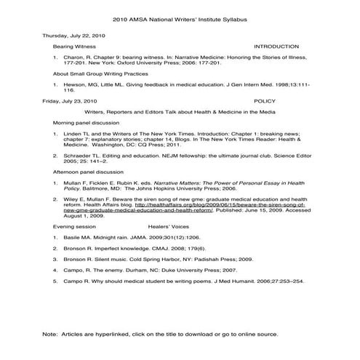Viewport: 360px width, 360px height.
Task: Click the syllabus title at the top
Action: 179,20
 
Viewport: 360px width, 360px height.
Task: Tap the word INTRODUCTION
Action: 276,46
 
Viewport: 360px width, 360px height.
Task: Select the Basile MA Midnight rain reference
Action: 131,257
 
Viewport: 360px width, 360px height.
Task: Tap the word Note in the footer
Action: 50,334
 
